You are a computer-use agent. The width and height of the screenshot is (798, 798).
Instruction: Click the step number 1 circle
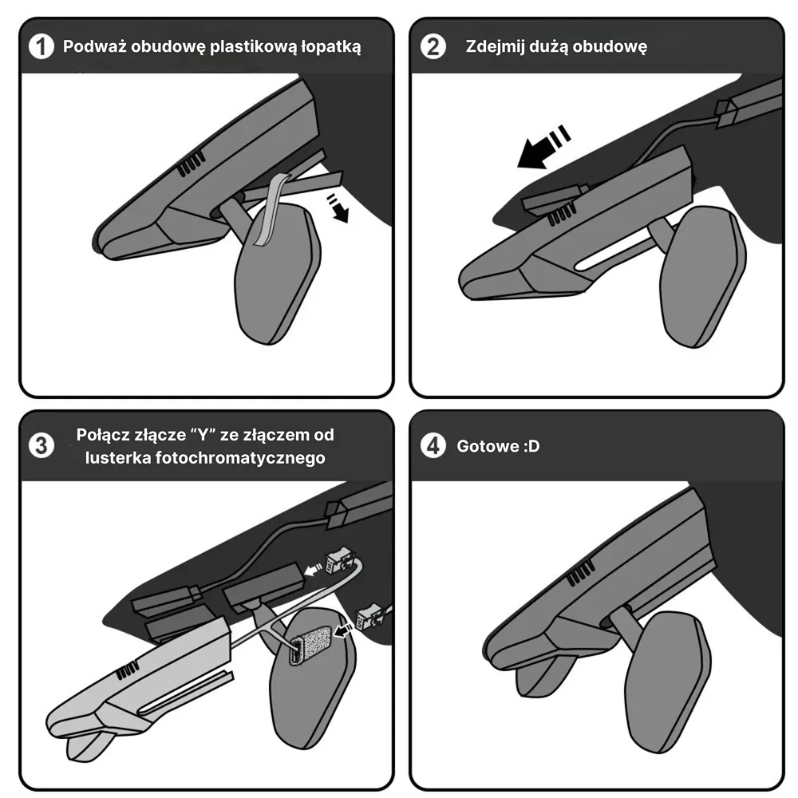pyautogui.click(x=41, y=46)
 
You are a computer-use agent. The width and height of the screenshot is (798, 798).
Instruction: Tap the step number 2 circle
pyautogui.click(x=433, y=46)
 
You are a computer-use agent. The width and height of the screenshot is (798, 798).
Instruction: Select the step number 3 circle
pyautogui.click(x=41, y=446)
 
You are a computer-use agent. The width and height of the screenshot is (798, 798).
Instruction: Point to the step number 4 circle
pyautogui.click(x=433, y=446)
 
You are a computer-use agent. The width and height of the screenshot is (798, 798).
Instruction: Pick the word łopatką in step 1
pyautogui.click(x=331, y=47)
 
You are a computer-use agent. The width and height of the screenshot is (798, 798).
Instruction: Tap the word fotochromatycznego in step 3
pyautogui.click(x=240, y=458)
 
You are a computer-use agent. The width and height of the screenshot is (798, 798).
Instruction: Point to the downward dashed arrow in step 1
pyautogui.click(x=338, y=207)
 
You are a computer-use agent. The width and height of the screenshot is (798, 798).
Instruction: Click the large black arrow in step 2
pyautogui.click(x=543, y=147)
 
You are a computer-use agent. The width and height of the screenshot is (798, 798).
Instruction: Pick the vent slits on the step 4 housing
pyautogui.click(x=580, y=572)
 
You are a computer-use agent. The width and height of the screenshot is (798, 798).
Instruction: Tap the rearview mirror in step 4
pyautogui.click(x=667, y=681)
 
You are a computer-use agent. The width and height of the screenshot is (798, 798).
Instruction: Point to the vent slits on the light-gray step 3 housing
pyautogui.click(x=127, y=670)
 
